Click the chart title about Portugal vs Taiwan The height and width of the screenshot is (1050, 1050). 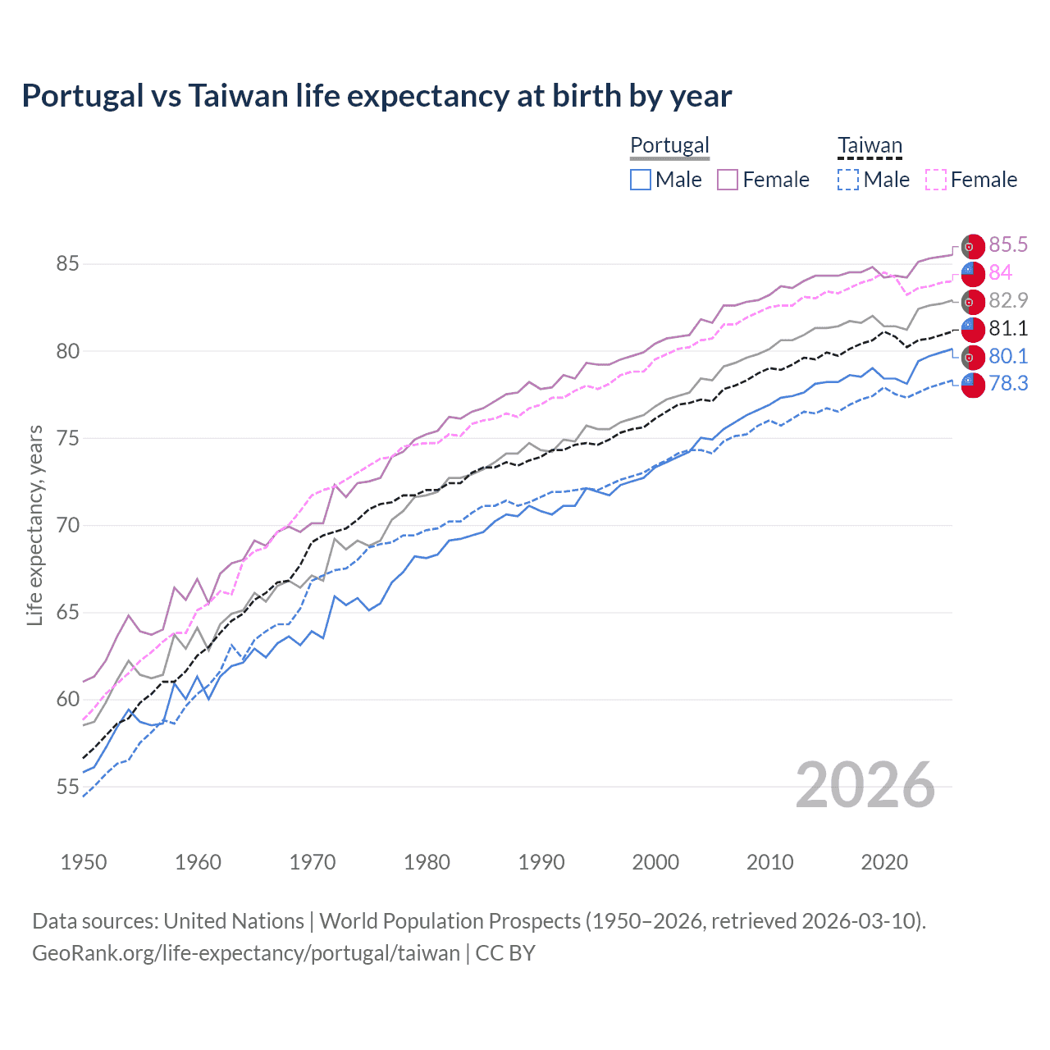coord(377,96)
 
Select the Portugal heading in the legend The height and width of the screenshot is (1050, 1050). coord(669,145)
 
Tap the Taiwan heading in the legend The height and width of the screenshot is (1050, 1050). coord(870,145)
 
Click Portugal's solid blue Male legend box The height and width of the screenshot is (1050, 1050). coord(641,180)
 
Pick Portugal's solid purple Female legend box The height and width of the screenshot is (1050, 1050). coord(728,180)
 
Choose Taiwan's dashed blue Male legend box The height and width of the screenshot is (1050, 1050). coord(848,180)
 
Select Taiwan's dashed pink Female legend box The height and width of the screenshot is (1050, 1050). coord(936,180)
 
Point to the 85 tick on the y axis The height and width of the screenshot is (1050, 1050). coord(67,264)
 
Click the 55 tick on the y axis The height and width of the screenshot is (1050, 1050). coord(67,787)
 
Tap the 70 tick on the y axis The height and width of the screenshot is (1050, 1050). coord(67,526)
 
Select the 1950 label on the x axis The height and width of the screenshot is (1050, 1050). coord(84,862)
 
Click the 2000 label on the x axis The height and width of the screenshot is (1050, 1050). coord(655,862)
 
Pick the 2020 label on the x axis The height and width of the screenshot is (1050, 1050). coord(884,862)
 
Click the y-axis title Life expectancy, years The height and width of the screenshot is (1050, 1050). coord(35,526)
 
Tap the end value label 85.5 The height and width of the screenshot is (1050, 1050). coord(1008,245)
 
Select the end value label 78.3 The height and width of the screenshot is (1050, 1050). coord(1008,383)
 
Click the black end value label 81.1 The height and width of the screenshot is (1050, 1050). coord(1008,329)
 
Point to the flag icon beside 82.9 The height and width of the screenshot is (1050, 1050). coord(973,302)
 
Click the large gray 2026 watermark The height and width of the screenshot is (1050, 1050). coord(865,785)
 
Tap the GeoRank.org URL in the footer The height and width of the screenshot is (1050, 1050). coord(246,953)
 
